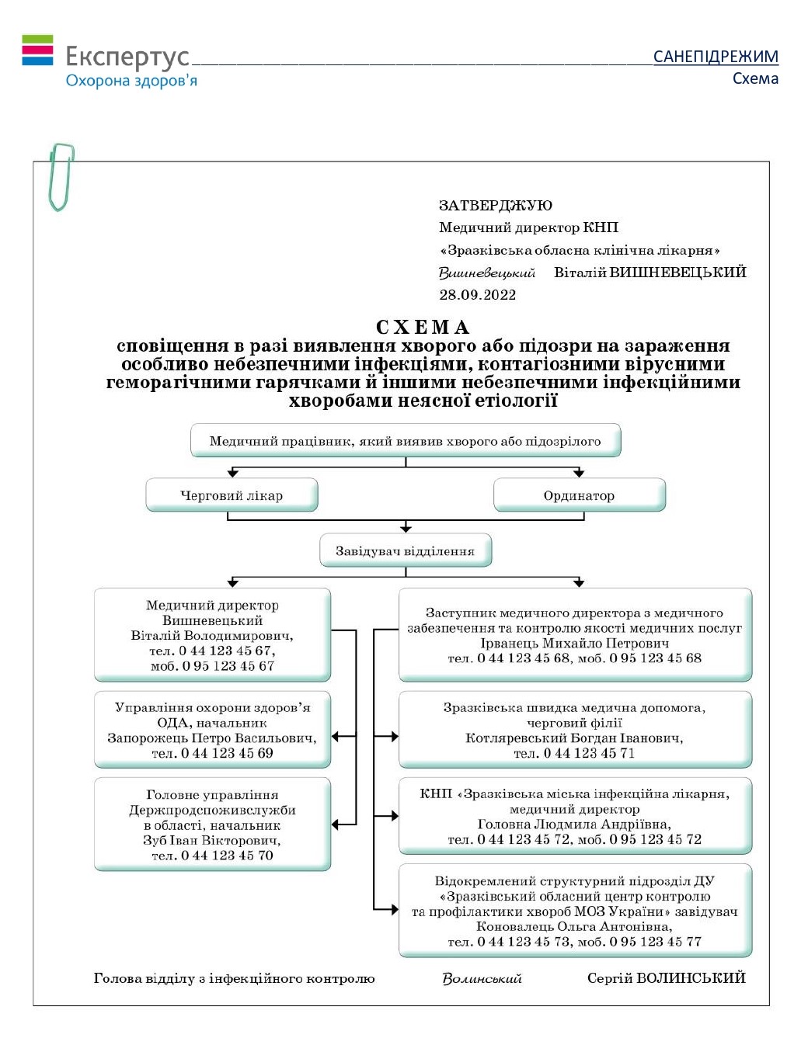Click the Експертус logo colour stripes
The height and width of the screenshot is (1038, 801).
pos(37,50)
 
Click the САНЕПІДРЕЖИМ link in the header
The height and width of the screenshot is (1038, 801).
pos(715,57)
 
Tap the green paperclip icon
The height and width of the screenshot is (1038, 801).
pos(61,176)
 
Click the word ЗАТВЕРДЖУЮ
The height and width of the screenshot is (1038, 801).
pos(495,206)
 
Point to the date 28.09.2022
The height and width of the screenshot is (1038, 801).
pos(477,295)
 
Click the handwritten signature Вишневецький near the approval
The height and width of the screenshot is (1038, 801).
pos(486,273)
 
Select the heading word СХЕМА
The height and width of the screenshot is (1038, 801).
pos(423,327)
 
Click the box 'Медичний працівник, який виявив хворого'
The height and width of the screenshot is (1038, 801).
pos(405,441)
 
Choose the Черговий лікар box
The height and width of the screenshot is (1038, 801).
pos(232,495)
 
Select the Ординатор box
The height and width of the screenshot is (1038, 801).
pos(579,495)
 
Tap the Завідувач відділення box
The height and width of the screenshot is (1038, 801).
pos(405,550)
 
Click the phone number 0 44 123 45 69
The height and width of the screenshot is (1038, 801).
pos(227,753)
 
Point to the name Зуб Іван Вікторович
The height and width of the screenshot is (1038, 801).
pos(212,840)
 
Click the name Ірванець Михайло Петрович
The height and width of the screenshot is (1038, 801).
pos(574,643)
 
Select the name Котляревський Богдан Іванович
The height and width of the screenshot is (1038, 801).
pos(574,738)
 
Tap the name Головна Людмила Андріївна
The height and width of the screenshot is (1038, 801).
pos(574,824)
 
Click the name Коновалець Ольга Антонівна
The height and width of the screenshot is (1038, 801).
pos(574,926)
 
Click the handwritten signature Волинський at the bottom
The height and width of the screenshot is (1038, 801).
pos(482,979)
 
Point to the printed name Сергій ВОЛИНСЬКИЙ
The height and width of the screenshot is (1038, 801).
pos(666,978)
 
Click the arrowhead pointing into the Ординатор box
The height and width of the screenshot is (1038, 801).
pos(579,473)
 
